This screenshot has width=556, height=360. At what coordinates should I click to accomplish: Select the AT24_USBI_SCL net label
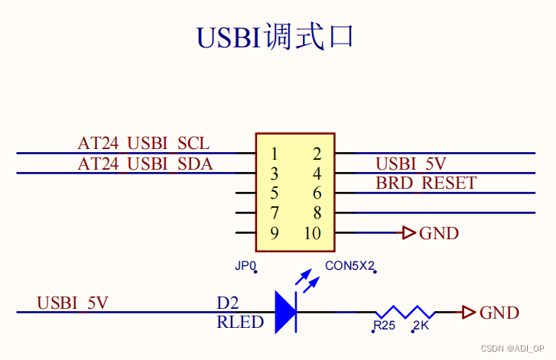click(x=143, y=144)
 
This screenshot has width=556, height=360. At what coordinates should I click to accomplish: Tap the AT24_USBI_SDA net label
click(x=145, y=164)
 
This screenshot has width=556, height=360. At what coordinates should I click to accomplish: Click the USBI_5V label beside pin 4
click(x=411, y=164)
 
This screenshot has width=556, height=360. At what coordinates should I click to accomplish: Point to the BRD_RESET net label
click(x=426, y=183)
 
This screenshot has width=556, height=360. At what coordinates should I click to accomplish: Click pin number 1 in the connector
click(x=274, y=154)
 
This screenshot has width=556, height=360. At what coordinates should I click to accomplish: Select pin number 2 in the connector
click(x=317, y=154)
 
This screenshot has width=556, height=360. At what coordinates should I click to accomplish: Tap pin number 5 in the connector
click(x=274, y=193)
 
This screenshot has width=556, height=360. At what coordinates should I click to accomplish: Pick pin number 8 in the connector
click(x=317, y=213)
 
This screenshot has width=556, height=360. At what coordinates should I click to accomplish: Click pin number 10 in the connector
click(x=312, y=233)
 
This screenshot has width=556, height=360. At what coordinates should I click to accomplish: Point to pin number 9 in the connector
click(x=274, y=233)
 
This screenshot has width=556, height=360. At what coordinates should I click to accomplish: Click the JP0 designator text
click(x=245, y=267)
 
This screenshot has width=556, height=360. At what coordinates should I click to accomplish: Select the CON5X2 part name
click(x=350, y=267)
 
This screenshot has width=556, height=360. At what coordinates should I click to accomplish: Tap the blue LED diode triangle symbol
click(x=285, y=312)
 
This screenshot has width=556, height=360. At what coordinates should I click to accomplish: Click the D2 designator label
click(x=228, y=303)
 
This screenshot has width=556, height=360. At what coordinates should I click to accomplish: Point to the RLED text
click(x=240, y=323)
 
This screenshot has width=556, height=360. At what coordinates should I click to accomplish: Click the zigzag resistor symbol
click(x=405, y=312)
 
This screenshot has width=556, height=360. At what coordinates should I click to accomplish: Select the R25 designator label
click(x=384, y=327)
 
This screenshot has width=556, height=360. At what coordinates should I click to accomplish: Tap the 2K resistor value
click(x=421, y=327)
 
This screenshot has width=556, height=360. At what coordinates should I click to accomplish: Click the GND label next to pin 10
click(x=439, y=233)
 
